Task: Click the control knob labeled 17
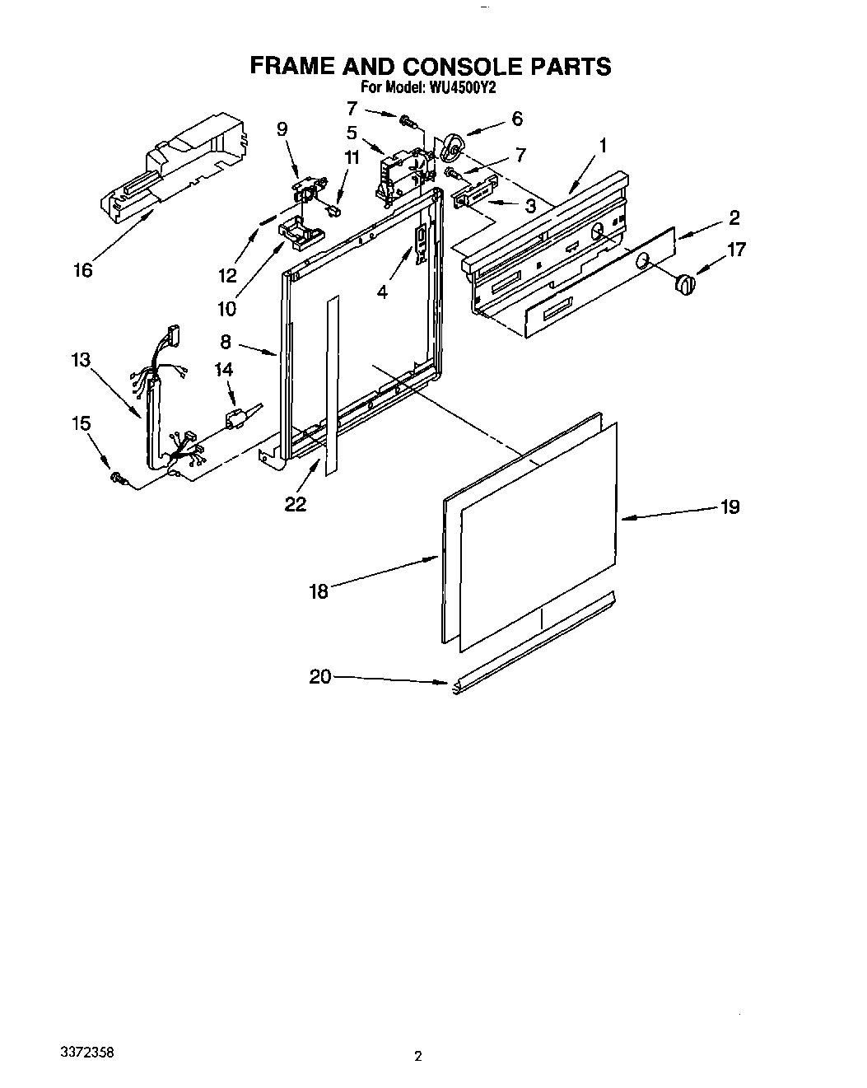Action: coord(684,285)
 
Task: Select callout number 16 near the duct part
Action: coord(83,269)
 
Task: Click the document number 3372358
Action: coord(88,1053)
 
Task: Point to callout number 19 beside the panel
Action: coord(729,507)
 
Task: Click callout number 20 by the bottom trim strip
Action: coord(319,676)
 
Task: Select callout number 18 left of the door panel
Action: coord(319,591)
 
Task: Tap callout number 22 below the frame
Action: coord(295,503)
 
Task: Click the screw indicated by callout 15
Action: coord(116,477)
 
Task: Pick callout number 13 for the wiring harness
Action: coord(81,360)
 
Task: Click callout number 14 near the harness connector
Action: coord(225,370)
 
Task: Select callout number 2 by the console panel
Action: coord(734,217)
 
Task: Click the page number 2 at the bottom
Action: coord(418,1057)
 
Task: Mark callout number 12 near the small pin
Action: coord(227,275)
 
